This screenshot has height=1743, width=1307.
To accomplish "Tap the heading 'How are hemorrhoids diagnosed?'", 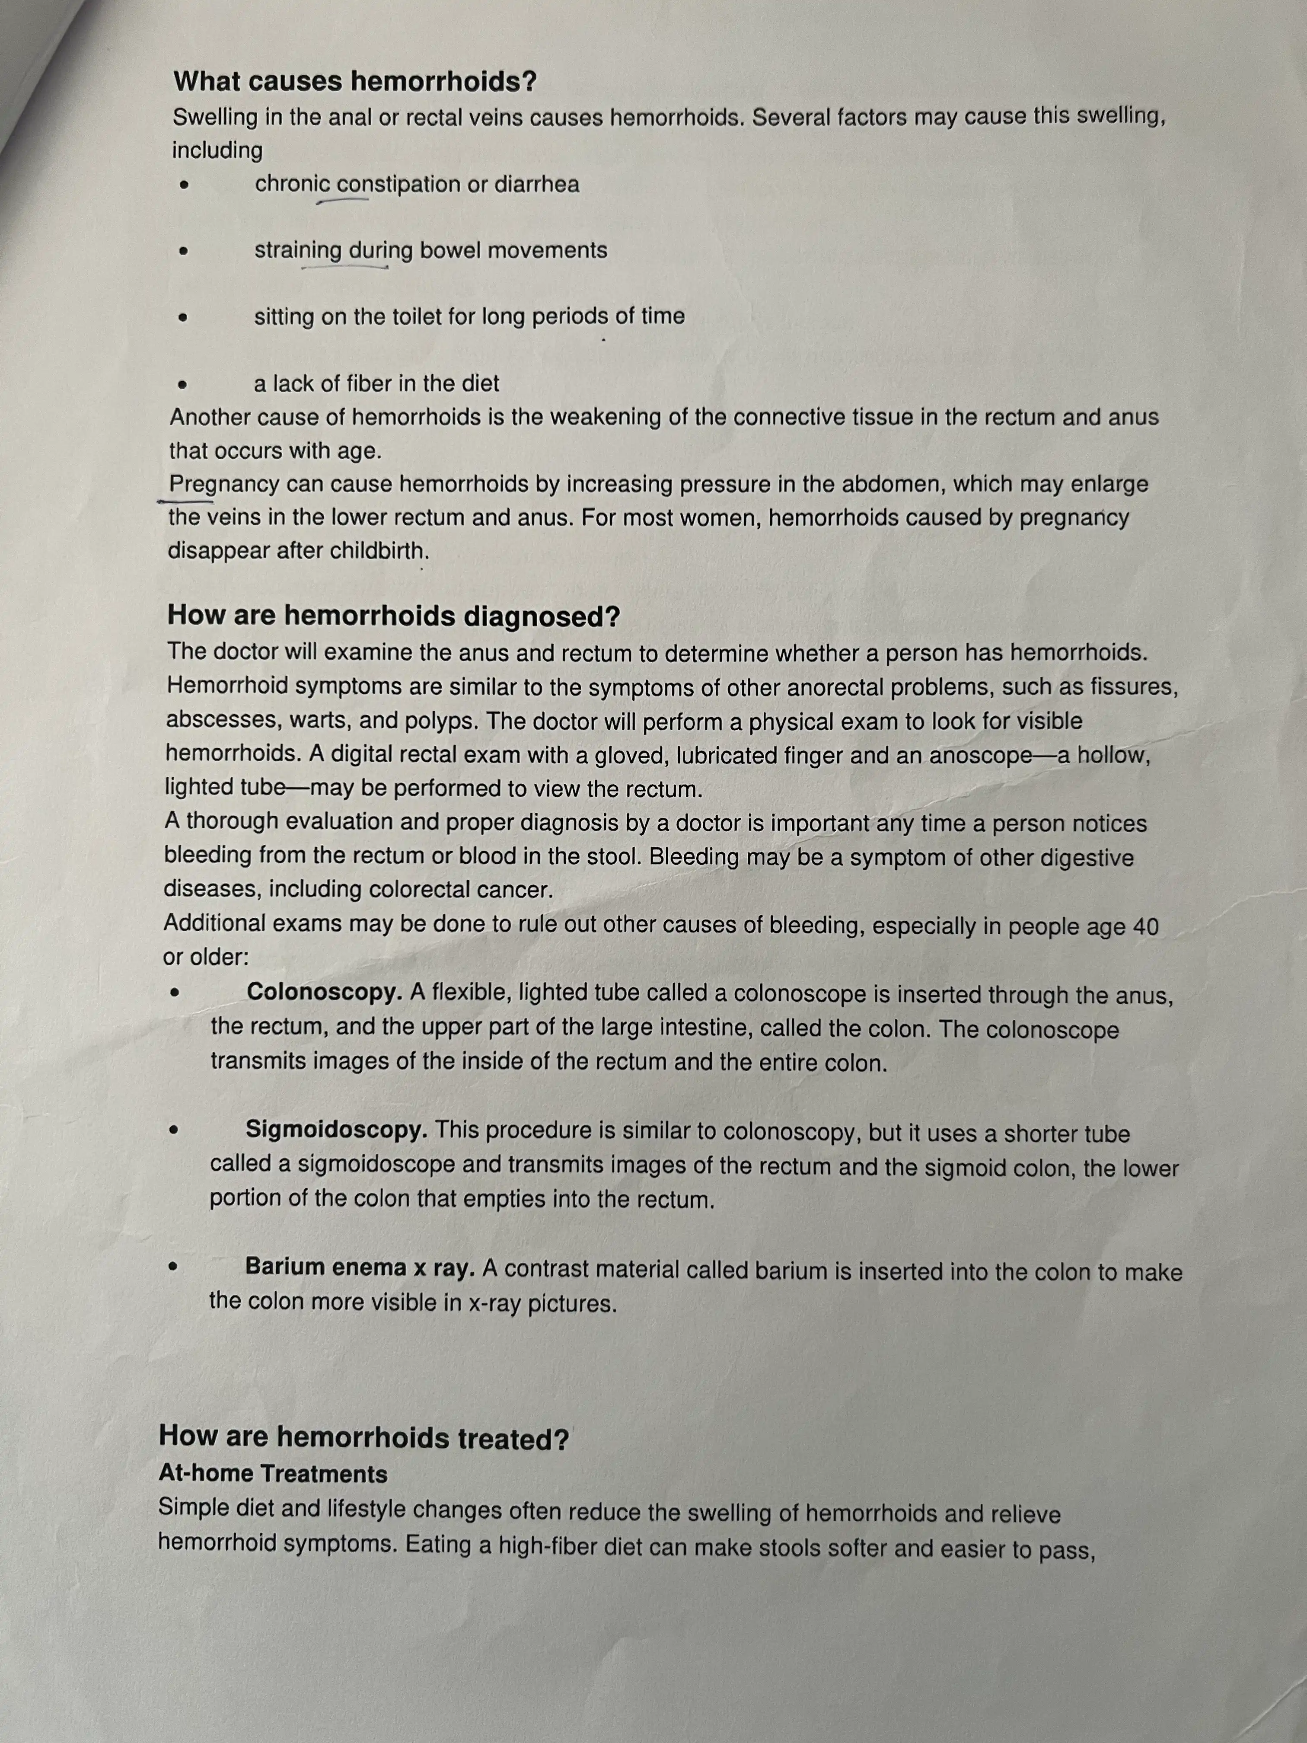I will (x=393, y=616).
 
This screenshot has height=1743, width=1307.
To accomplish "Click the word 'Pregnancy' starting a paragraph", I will (x=224, y=484).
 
